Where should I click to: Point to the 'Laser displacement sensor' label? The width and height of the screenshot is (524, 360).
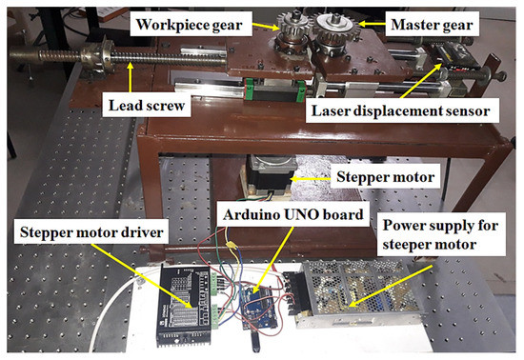tap(399, 111)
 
